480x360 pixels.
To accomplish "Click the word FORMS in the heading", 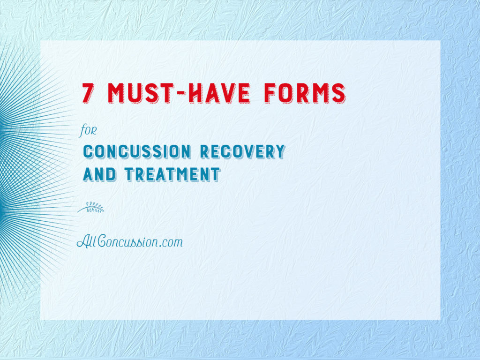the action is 305,93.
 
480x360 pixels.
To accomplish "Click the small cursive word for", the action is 88,131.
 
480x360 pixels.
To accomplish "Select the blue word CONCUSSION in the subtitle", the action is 137,151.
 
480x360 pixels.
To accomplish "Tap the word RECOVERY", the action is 243,151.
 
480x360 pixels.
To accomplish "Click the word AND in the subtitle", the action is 99,174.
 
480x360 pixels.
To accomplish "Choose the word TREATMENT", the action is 172,174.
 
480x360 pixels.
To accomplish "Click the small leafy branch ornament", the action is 90,207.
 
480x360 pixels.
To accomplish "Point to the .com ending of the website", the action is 170,243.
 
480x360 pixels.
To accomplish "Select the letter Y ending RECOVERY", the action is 279,151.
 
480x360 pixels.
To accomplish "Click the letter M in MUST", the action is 116,93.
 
